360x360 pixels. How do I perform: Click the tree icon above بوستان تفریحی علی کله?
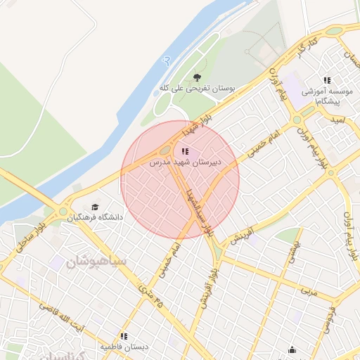[196, 77]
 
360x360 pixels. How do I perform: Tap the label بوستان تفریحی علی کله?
[195, 89]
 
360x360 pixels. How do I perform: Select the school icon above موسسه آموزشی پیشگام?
[326, 81]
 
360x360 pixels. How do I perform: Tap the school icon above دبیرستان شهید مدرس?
[185, 151]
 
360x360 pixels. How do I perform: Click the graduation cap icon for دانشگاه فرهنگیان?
[95, 206]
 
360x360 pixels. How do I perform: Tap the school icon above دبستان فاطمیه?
[124, 337]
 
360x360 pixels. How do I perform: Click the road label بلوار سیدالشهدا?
[197, 210]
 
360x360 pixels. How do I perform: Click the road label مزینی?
[309, 290]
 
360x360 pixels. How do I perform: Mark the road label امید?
[339, 120]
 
